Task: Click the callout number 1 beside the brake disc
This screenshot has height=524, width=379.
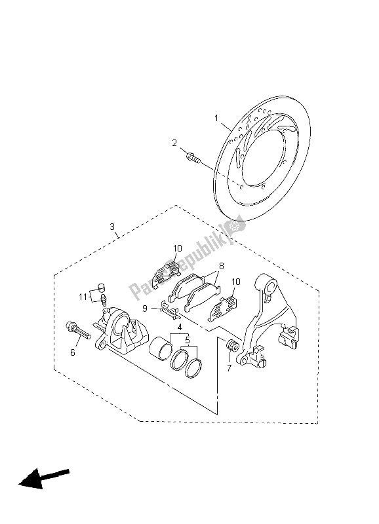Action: pos(216,118)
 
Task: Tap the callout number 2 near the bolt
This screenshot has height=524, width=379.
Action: pos(174,143)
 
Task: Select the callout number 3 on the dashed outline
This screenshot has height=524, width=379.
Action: pos(112,227)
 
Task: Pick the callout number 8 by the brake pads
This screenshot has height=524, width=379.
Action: pos(221,266)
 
